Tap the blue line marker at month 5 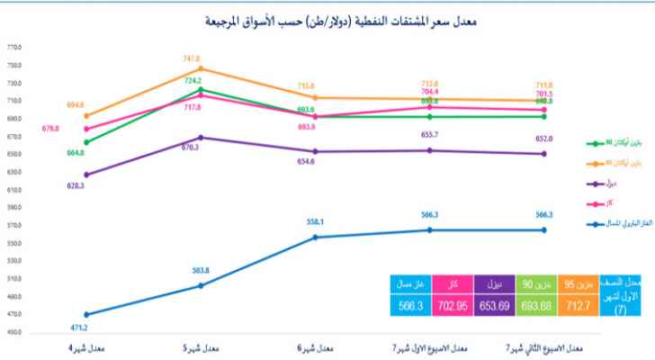200,285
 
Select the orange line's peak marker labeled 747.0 200,68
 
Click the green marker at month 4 85,142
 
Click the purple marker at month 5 200,138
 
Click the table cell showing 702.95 450,306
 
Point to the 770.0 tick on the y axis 13,48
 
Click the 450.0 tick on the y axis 13,332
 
